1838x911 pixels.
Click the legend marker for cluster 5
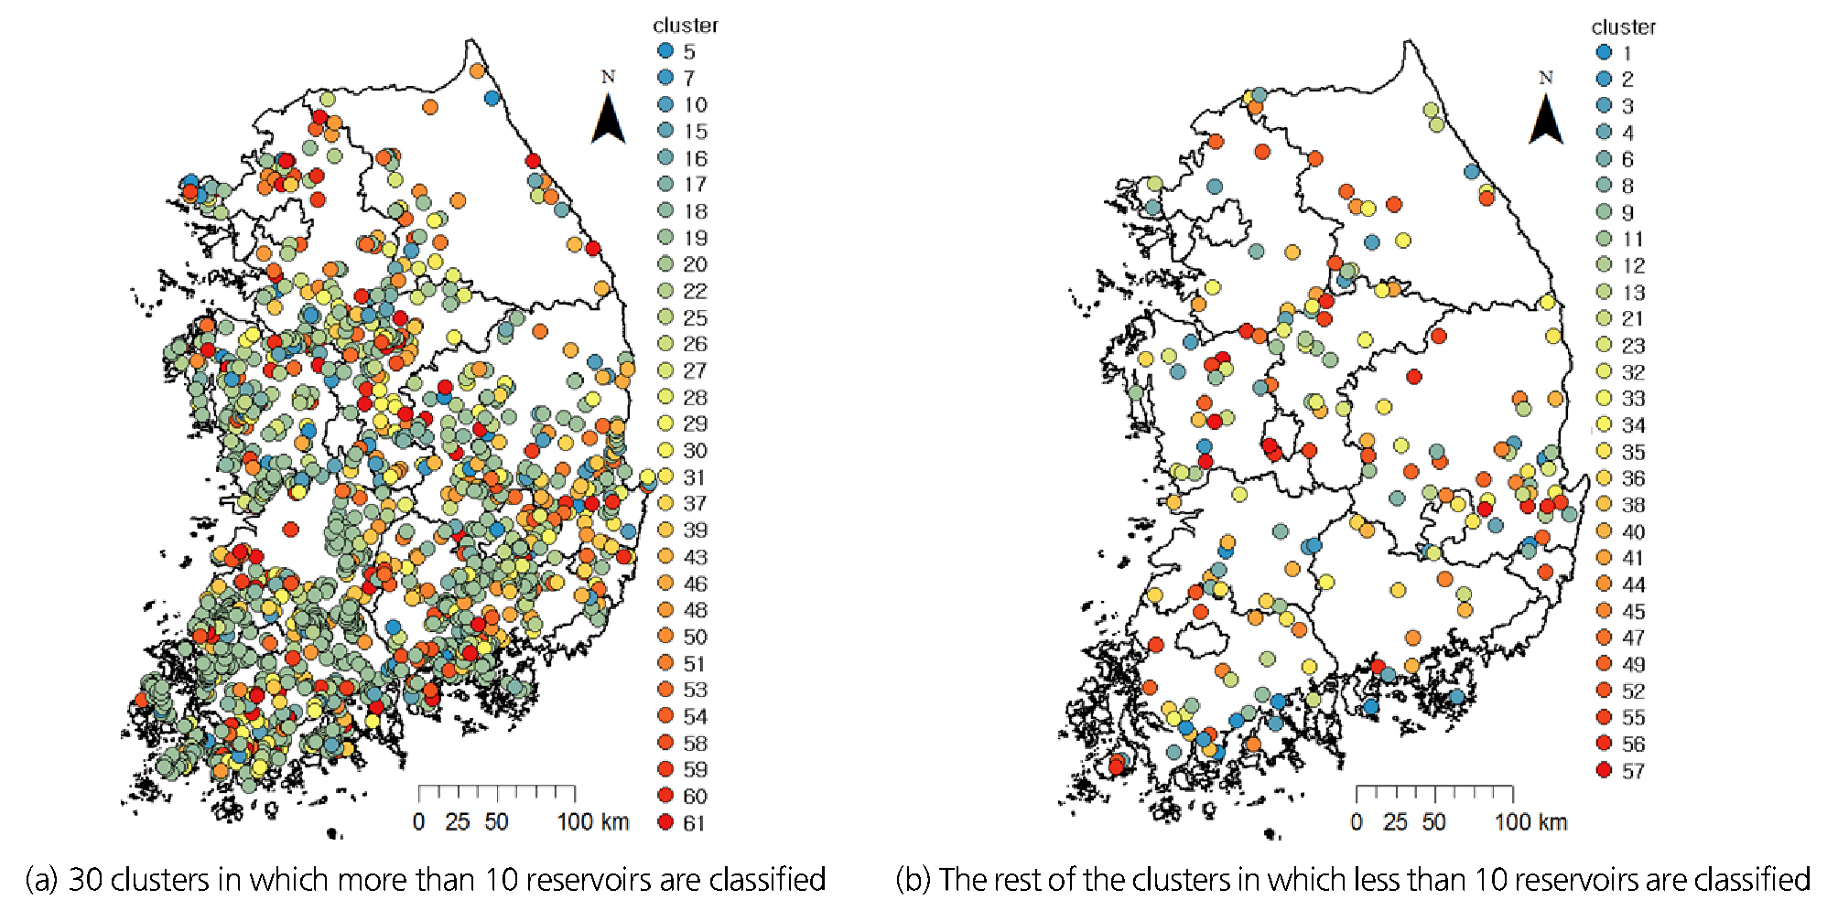666,51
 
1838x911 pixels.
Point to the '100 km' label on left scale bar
593,821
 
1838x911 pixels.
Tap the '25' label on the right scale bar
1395,821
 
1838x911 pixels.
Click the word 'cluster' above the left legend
686,26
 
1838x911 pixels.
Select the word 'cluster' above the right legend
1624,27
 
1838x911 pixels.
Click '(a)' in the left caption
41,879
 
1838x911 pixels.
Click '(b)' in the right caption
913,879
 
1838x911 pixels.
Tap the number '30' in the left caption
86,879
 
